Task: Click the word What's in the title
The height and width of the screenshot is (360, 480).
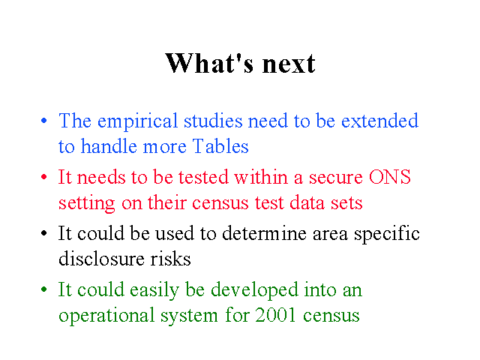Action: point(209,63)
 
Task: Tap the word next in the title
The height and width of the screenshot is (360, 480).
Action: point(289,64)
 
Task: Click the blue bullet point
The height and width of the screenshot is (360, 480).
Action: point(44,121)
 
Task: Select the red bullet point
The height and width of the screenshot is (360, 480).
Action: point(44,177)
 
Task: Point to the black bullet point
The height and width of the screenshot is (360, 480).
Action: point(44,233)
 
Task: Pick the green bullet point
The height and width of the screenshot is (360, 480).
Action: point(44,289)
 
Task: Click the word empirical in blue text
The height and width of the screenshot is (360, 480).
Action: point(137,121)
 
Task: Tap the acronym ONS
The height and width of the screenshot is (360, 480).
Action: point(390,177)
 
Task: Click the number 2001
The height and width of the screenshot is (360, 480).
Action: point(275,315)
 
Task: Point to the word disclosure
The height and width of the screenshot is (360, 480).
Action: point(101,258)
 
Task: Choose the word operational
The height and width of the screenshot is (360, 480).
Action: point(106,316)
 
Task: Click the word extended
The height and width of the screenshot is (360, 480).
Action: point(379,121)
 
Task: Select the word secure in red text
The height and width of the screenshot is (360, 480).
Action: point(335,178)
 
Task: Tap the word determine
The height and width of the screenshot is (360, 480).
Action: point(264,233)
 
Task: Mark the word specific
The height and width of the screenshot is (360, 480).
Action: point(387,235)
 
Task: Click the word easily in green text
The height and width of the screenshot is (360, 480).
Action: point(154,291)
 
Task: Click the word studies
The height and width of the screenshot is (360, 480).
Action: point(213,121)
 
